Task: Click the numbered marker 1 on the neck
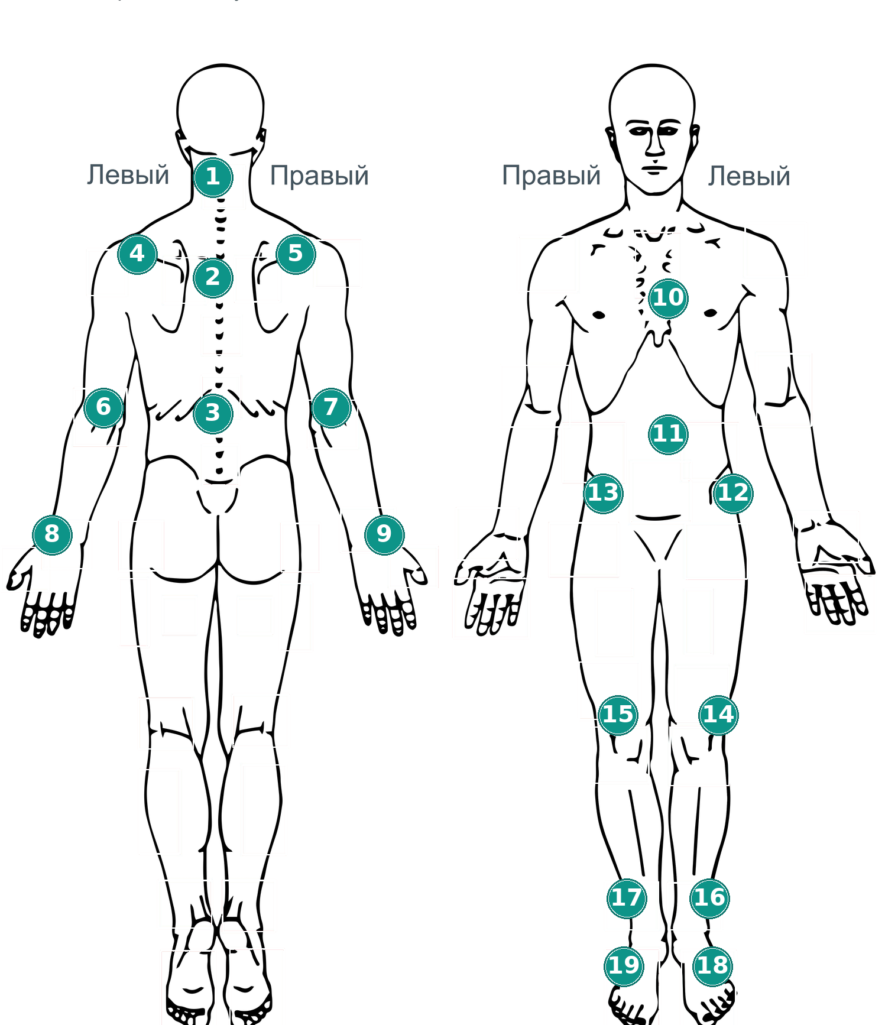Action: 213,177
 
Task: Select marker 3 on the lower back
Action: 213,413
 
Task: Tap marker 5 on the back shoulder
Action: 296,254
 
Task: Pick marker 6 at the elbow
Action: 103,407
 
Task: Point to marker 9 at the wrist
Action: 384,534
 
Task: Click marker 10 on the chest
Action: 668,298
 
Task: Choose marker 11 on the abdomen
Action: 668,434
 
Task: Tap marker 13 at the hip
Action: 603,493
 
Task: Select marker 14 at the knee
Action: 718,715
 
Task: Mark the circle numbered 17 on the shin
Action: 627,898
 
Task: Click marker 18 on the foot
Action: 712,966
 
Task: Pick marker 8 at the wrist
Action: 52,534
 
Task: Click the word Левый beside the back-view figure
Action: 128,176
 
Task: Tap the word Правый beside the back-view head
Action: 319,176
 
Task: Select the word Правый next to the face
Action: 551,176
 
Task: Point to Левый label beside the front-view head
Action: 749,176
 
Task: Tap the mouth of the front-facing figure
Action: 654,170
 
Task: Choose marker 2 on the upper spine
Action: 213,277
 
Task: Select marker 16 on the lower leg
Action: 709,898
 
